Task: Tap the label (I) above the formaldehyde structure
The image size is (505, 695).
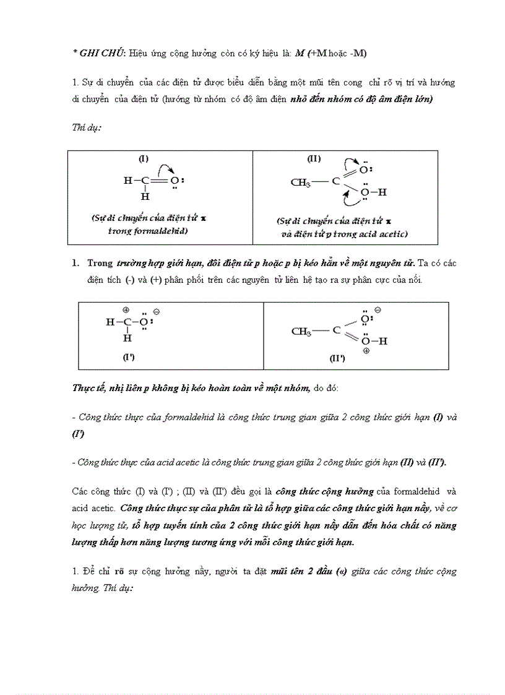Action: point(143,158)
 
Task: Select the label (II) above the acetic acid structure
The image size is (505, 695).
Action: point(314,158)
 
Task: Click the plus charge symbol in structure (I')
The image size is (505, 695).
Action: point(126,309)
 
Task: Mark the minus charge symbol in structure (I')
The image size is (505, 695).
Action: point(156,311)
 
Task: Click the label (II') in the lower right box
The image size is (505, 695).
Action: point(337,358)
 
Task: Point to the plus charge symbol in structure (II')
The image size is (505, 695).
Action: point(366,351)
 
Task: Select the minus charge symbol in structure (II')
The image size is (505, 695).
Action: point(378,309)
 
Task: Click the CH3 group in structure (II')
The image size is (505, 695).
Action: point(301,331)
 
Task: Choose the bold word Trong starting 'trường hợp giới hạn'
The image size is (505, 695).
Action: point(100,263)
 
